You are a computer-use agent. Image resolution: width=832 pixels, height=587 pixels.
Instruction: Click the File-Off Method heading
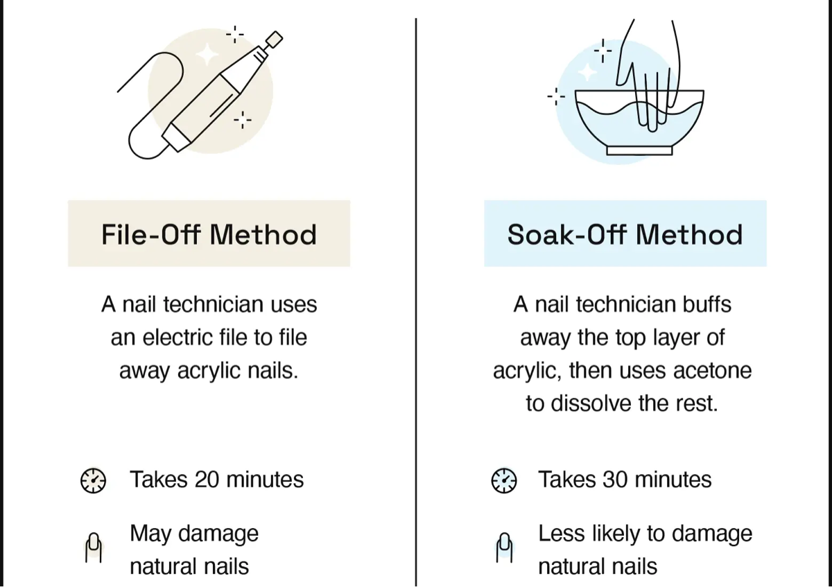point(209,234)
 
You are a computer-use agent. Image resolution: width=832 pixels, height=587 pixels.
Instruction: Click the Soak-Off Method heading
point(625,234)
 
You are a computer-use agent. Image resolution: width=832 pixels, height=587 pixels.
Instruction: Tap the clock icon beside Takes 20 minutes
point(93,480)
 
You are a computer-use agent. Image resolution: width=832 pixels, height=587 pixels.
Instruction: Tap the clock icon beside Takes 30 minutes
point(504,480)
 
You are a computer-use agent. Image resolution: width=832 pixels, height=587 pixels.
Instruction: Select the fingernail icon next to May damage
point(94,548)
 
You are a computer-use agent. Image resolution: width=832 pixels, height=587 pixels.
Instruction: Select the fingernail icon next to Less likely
point(505,548)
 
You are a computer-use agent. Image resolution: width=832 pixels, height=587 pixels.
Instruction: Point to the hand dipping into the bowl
point(648,69)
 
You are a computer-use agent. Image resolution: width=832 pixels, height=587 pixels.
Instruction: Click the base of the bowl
point(639,150)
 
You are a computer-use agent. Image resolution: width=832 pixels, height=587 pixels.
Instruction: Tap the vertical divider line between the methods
point(416,298)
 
